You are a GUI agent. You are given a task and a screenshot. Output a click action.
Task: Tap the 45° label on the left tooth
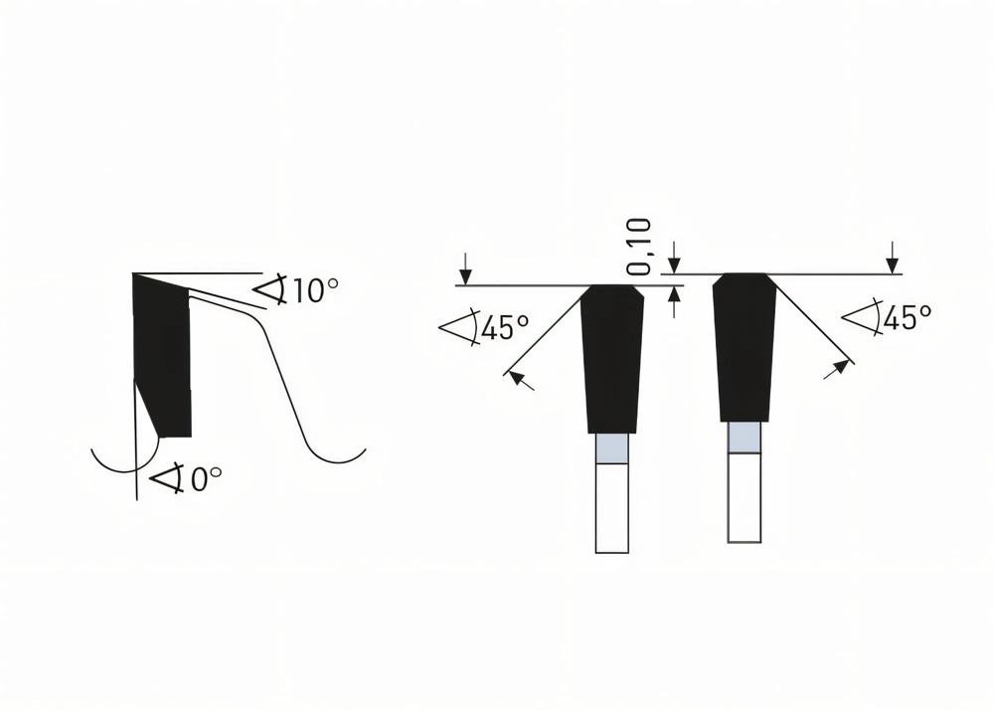(x=504, y=327)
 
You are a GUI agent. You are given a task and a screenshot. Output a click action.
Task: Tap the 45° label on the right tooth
(x=907, y=318)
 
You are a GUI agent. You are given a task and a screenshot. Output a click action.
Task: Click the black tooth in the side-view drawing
(x=164, y=358)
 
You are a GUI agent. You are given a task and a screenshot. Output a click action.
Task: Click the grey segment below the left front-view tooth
(x=611, y=449)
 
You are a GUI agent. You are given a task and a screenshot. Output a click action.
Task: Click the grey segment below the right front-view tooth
(x=745, y=438)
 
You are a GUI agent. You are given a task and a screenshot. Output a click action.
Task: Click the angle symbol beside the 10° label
(x=270, y=289)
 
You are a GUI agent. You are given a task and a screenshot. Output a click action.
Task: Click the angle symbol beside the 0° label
(x=167, y=479)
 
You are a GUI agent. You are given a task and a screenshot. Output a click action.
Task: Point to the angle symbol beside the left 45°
(x=458, y=328)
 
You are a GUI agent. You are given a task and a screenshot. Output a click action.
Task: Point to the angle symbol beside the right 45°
(x=861, y=318)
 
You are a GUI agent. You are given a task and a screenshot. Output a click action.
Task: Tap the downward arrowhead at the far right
(x=893, y=265)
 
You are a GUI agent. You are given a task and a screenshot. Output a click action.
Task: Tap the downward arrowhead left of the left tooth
(x=464, y=275)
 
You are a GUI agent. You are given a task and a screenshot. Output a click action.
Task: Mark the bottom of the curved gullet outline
(x=335, y=461)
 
